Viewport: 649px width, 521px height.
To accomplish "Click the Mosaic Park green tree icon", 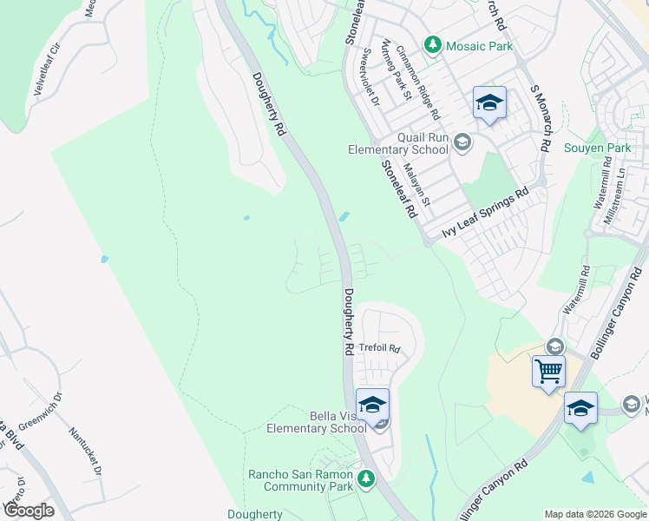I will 432,44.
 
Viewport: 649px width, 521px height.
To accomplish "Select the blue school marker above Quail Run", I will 489,103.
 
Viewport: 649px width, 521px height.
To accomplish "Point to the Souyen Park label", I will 597,148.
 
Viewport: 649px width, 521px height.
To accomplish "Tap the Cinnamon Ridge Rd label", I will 418,81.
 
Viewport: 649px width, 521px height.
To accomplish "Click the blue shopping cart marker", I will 548,372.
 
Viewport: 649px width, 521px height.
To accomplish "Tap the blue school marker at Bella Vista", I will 372,405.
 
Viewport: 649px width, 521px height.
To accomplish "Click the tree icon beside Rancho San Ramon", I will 366,478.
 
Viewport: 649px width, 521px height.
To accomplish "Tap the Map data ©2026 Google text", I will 594,514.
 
